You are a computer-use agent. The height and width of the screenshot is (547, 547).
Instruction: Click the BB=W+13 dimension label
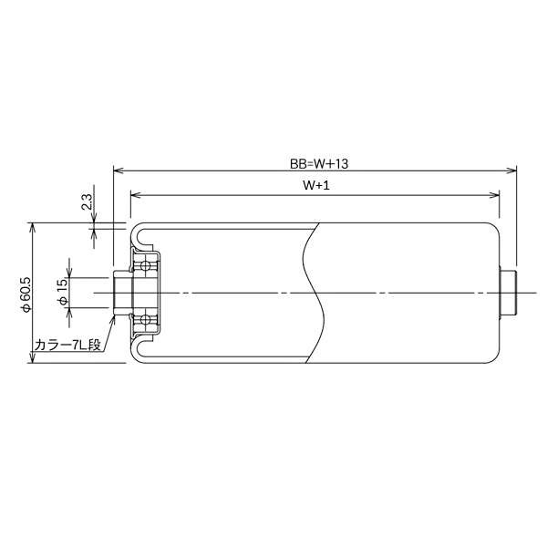[315, 163]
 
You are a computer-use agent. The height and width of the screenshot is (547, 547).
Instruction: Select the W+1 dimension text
[315, 185]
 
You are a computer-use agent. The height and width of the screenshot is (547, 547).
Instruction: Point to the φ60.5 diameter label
[26, 294]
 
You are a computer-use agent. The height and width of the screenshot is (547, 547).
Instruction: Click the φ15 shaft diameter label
[62, 294]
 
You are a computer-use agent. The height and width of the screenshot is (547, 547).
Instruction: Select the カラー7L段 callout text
[67, 346]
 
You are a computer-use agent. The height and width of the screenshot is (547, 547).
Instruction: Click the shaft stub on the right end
[509, 293]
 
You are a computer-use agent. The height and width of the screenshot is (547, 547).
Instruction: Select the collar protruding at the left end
[119, 293]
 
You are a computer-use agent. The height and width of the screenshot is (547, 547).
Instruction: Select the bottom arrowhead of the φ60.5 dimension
[34, 359]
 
